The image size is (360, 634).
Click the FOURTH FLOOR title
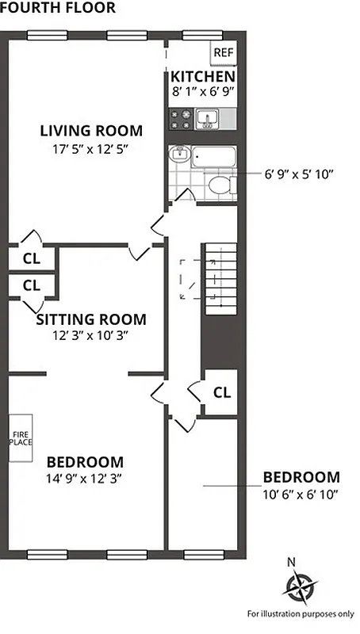point(58,8)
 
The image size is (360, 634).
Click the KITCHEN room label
point(203,77)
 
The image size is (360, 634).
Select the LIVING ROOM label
point(91,131)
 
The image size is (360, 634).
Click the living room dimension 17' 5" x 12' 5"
point(91,148)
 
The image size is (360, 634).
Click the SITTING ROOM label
point(92,319)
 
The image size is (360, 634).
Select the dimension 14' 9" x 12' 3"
point(84,479)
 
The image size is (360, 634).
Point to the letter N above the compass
point(292,563)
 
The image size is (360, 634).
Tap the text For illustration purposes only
point(301,613)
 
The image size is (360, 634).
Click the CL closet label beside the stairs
point(222,391)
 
